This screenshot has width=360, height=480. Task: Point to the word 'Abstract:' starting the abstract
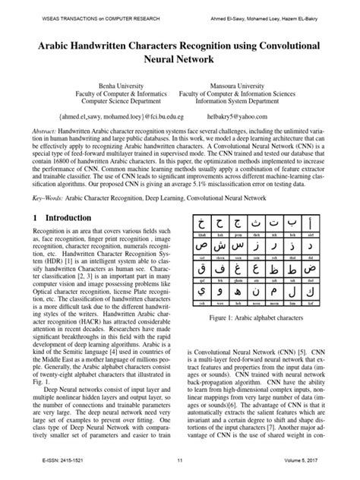click(x=39, y=131)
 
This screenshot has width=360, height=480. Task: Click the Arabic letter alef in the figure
click(x=330, y=225)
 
